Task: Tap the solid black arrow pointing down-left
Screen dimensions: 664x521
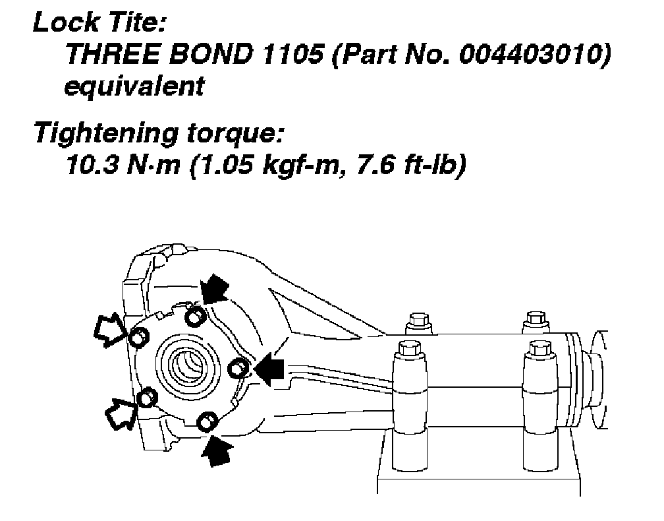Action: [217, 288]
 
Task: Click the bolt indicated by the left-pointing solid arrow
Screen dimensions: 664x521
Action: [237, 367]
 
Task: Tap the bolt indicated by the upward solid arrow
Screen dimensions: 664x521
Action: [207, 420]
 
